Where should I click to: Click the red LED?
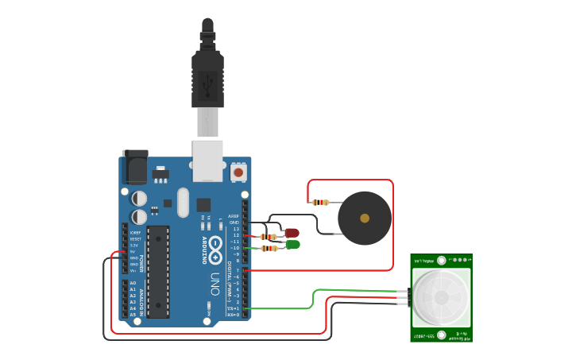[x=292, y=233]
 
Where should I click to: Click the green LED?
[x=292, y=245]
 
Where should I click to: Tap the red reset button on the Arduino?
[x=238, y=171]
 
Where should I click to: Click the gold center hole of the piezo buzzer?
[x=365, y=218]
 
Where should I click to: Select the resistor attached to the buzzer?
[x=320, y=202]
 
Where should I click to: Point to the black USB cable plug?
[x=207, y=79]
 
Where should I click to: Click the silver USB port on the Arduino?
[x=207, y=160]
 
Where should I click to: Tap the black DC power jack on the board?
[x=135, y=167]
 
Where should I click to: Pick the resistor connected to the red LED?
[x=269, y=236]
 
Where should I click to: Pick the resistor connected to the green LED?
[x=269, y=248]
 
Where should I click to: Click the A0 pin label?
[x=133, y=283]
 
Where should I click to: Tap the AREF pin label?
[x=233, y=216]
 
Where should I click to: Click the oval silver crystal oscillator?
[x=184, y=202]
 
